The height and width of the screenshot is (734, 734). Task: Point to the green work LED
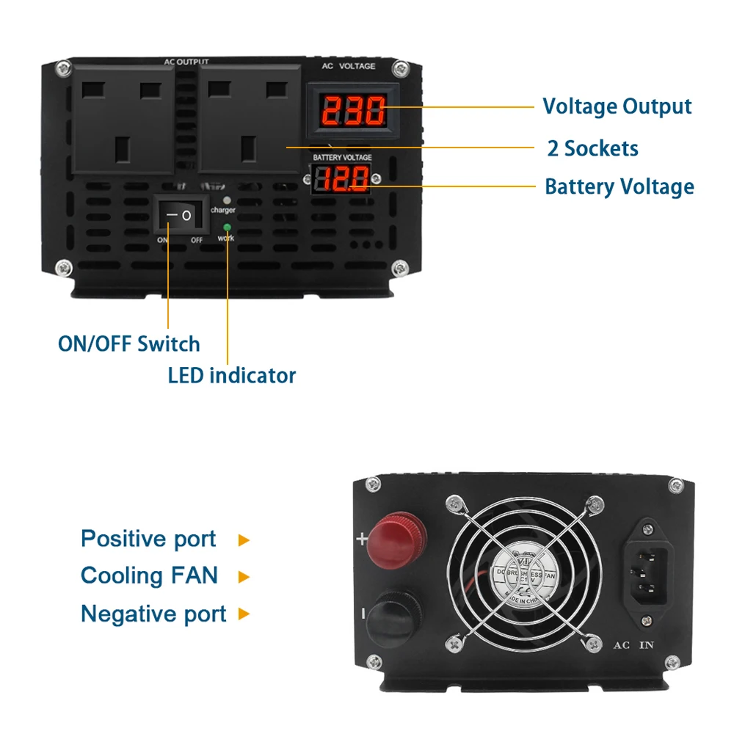(227, 228)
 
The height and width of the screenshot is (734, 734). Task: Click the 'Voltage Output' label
(617, 106)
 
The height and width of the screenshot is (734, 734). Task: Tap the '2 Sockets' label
(592, 148)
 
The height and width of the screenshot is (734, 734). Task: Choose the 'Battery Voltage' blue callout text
(619, 186)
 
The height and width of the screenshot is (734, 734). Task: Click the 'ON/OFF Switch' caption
(129, 344)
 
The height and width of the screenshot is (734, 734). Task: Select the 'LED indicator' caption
(232, 376)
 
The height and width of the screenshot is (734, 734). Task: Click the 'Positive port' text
(148, 539)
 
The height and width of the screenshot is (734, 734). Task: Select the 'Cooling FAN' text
(149, 575)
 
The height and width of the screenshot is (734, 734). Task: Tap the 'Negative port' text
(153, 613)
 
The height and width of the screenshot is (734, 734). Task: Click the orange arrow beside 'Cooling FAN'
(244, 577)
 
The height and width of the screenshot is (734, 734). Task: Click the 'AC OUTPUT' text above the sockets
(186, 62)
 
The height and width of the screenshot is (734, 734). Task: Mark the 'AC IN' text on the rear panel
(633, 646)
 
